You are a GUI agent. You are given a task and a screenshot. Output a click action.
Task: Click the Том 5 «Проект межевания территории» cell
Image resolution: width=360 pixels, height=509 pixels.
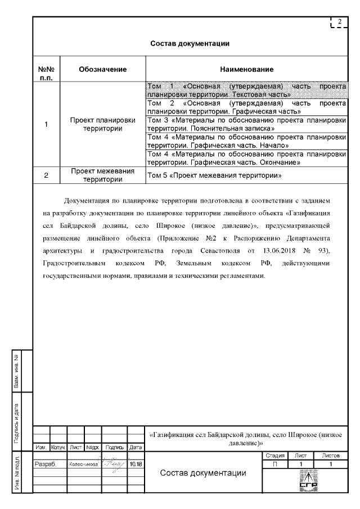pyautogui.click(x=214, y=175)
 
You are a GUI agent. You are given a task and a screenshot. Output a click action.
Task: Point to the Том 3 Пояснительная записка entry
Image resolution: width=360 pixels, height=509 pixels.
pyautogui.click(x=246, y=124)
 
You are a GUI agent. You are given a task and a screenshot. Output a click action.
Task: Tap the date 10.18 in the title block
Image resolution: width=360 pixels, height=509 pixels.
pyautogui.click(x=136, y=465)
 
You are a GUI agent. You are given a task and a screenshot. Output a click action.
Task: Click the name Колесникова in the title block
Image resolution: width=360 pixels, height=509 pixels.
pyautogui.click(x=84, y=465)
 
